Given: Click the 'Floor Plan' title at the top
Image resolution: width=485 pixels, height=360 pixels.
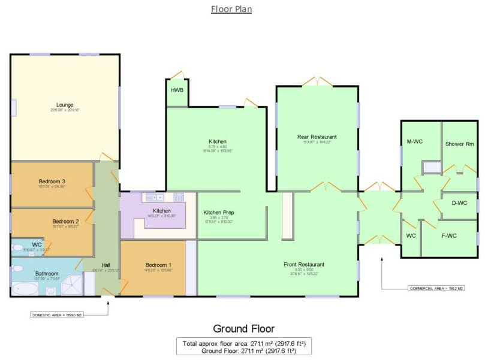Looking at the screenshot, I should point(231,9).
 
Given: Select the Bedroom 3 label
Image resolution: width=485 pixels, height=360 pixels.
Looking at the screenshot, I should point(52,181).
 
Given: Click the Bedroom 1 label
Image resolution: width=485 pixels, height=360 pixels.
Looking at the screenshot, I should point(158,265).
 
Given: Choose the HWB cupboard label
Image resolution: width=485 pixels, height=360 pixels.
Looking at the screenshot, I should point(177,90).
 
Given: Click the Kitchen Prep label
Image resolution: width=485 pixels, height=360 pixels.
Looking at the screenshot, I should point(218,213).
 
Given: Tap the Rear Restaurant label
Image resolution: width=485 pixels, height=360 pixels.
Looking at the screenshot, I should point(317,137).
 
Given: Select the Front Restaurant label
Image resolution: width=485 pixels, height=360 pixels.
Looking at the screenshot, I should point(304,264).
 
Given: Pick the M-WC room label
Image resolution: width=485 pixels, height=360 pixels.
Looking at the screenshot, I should point(415,141).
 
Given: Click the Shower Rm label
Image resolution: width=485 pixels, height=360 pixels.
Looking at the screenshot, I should point(459,144).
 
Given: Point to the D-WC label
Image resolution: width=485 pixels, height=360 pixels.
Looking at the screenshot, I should point(459,203).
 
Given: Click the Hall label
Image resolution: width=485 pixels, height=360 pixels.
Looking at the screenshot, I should point(106,265).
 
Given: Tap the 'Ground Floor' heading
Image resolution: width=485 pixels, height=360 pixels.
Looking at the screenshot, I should point(243,329).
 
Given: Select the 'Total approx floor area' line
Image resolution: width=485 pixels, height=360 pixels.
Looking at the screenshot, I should point(243,343).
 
